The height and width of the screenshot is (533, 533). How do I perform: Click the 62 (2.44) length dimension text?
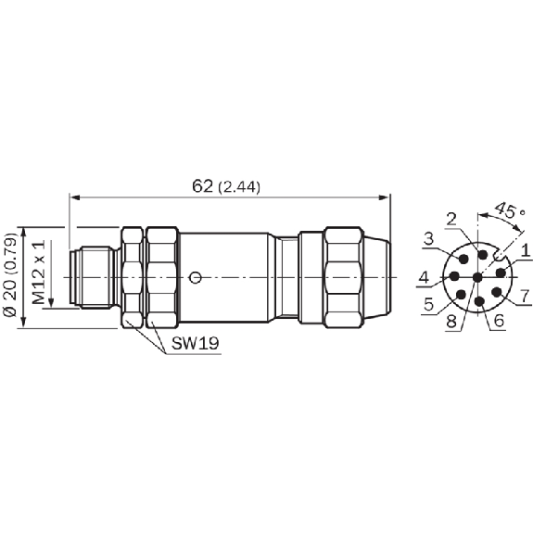(x=226, y=186)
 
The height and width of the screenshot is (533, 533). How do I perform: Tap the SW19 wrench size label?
(x=195, y=343)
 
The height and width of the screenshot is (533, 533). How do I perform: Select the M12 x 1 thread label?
(x=38, y=272)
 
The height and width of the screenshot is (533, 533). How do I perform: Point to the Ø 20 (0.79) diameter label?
(x=11, y=275)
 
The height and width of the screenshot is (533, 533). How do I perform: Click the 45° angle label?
(x=510, y=211)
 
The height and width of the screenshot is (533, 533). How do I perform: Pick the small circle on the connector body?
(x=195, y=278)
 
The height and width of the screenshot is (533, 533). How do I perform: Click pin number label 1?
(x=526, y=251)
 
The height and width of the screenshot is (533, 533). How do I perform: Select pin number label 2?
(x=451, y=220)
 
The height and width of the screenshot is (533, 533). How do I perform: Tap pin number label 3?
(x=429, y=239)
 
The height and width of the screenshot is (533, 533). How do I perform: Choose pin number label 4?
(x=424, y=278)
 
